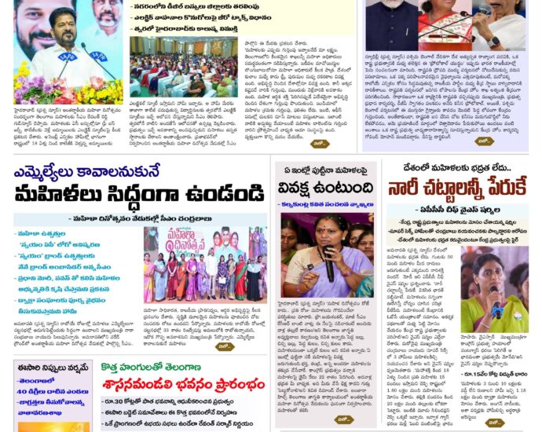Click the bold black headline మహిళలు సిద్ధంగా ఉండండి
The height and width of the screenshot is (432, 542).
click(138, 192)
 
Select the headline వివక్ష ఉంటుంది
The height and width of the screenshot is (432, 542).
click(325, 188)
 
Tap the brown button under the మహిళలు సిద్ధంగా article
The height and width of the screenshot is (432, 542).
click(225, 346)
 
